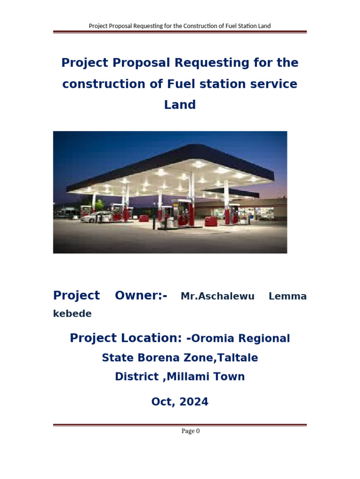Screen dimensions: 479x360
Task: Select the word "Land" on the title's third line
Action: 180,105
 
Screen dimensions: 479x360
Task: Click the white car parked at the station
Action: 96,217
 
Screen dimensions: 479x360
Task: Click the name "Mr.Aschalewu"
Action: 217,296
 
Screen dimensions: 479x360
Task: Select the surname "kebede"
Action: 72,314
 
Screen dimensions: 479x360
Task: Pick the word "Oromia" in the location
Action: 217,338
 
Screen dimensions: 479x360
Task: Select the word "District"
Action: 136,377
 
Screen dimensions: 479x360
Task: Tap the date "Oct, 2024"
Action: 180,401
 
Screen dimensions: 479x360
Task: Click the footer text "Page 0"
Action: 191,431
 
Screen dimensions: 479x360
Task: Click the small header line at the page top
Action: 180,26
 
